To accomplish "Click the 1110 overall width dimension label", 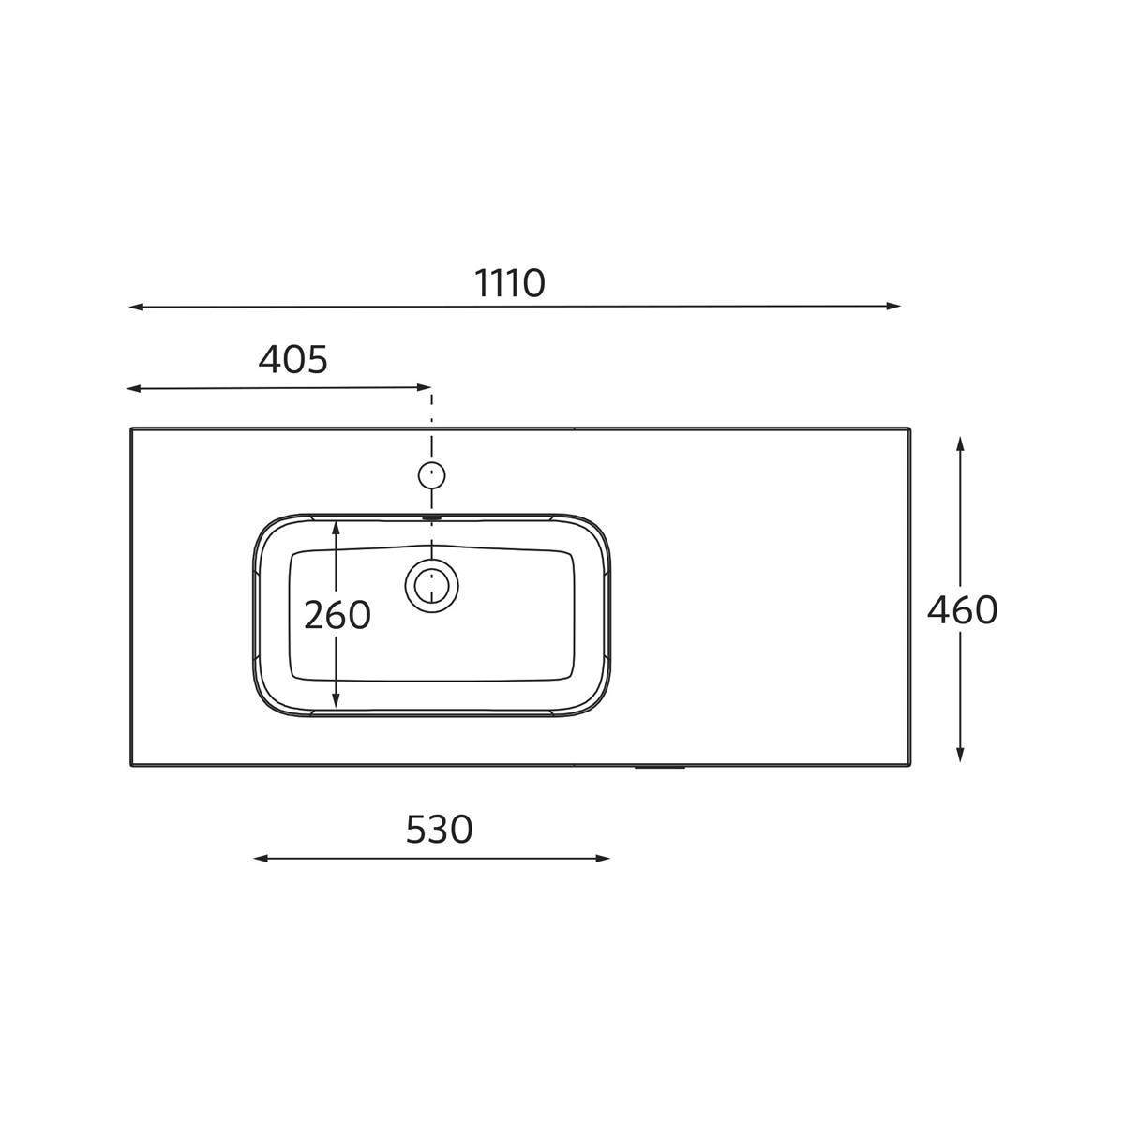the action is point(510,283).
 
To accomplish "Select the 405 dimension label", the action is point(293,360).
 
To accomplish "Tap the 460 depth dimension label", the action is point(962,610).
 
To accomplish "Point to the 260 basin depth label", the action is point(337,615).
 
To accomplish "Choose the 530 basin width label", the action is point(439,830).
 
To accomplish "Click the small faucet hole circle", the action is point(431,475).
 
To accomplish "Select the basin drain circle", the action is point(431,586).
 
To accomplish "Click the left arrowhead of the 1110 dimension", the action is point(135,307).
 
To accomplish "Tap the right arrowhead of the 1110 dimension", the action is point(893,306).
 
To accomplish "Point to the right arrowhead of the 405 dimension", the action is point(425,387).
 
